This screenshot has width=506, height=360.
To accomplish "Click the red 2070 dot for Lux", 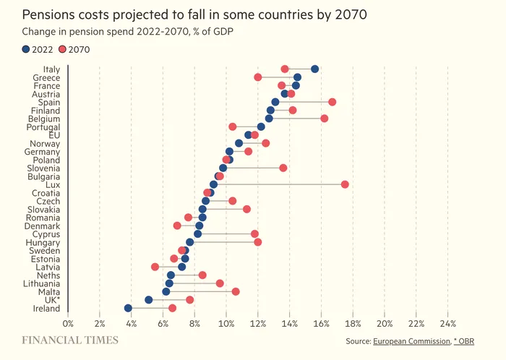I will point(345,184).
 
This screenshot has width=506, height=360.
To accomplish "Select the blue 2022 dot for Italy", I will point(314,69).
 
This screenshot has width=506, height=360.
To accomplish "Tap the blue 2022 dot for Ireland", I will point(129,308).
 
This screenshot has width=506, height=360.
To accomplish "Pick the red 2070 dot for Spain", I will point(333,102).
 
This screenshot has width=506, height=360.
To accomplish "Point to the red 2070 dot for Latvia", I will point(155,267).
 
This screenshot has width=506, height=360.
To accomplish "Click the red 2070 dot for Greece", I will point(258,77).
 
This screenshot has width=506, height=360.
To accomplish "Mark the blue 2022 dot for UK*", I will point(149,299).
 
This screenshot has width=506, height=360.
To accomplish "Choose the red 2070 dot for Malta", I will point(236,291).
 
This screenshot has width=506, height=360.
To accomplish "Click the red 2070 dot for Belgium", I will point(325,119).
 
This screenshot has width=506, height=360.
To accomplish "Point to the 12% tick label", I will point(258,323).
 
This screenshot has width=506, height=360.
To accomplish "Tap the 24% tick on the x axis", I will point(448,323).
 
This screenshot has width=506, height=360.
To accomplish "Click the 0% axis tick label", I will point(68,323).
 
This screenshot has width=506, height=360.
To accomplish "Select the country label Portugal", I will point(43,127).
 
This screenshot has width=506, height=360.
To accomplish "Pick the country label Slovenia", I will point(43,168).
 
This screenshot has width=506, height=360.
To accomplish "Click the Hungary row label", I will point(43,242).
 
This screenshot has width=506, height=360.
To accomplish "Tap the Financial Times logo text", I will point(70,340).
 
